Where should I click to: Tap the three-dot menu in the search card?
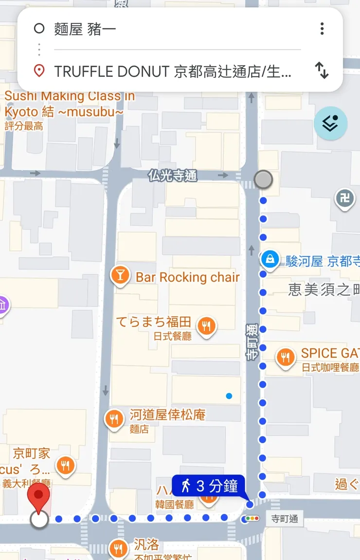click(322, 29)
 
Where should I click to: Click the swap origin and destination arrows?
click(322, 71)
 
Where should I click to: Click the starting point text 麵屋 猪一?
click(85, 29)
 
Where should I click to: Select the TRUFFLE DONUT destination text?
click(173, 72)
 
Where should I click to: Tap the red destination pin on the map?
click(39, 496)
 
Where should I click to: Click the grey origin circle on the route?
click(263, 180)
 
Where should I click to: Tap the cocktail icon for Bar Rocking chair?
click(120, 276)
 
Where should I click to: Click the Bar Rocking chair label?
click(187, 277)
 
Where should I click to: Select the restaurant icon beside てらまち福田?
click(207, 325)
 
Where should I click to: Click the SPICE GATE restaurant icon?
click(286, 358)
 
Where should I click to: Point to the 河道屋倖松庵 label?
click(167, 415)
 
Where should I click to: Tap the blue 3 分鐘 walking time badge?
click(208, 486)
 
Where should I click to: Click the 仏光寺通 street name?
click(173, 176)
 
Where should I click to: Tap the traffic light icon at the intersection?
click(252, 519)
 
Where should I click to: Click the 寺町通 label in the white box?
click(285, 519)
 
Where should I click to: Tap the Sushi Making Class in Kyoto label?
click(68, 104)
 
